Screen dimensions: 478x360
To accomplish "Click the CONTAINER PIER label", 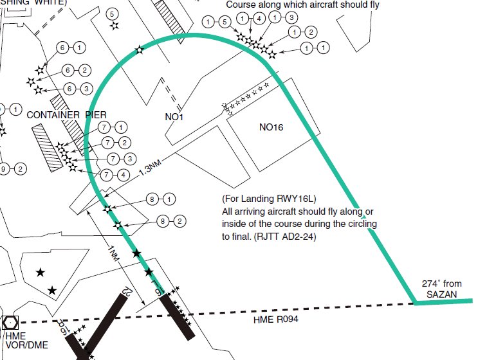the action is pos(67,114).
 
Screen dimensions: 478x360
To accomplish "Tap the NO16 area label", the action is pos(271,127).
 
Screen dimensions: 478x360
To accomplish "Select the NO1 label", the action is pos(174,117).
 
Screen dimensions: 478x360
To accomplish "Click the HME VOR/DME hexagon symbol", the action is pos(11,322).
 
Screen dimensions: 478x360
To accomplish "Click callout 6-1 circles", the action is pos(70,48).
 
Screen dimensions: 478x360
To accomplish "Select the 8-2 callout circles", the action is pos(171,221).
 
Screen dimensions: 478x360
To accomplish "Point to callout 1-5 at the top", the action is pos(216,22).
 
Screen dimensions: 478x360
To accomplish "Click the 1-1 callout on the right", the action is pos(315,48).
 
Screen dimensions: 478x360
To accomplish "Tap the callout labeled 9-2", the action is pos(13,169).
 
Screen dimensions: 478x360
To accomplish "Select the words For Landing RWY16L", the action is pos(270,197).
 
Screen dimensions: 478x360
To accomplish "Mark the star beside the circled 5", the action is pos(114,26).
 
